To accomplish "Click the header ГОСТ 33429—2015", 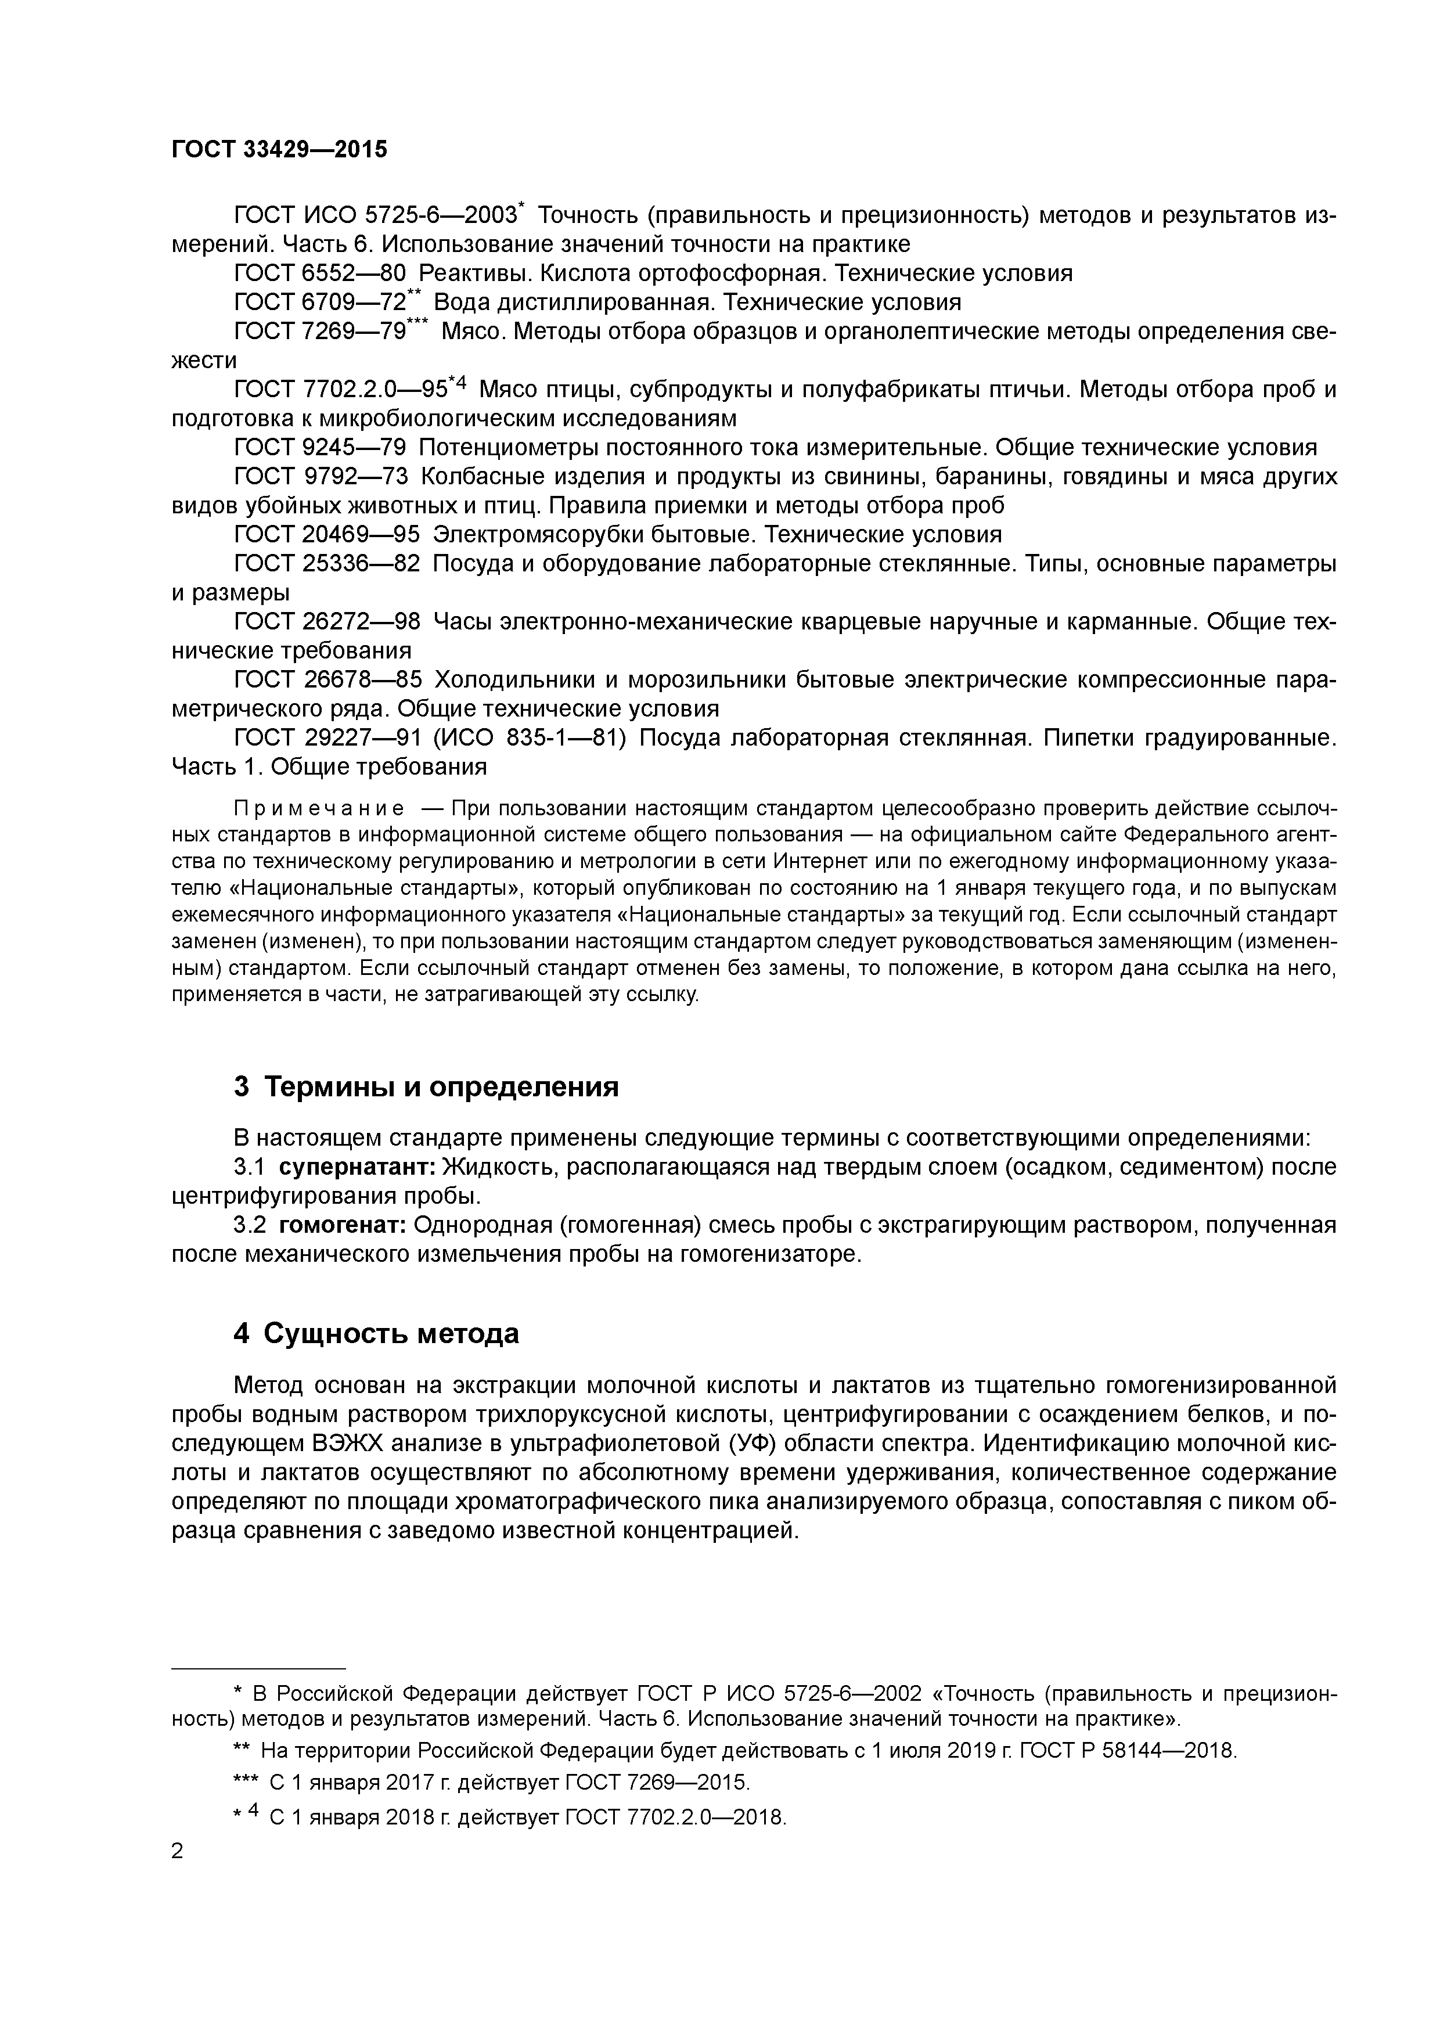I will (x=279, y=150).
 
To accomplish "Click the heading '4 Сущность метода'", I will (x=376, y=1333).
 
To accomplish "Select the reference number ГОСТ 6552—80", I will (x=319, y=273).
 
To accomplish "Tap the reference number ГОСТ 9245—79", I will (x=319, y=447).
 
